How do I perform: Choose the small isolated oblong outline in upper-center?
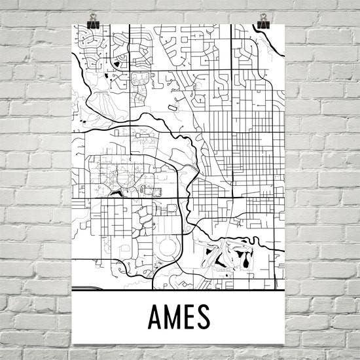173,105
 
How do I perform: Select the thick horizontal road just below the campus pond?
131,198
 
